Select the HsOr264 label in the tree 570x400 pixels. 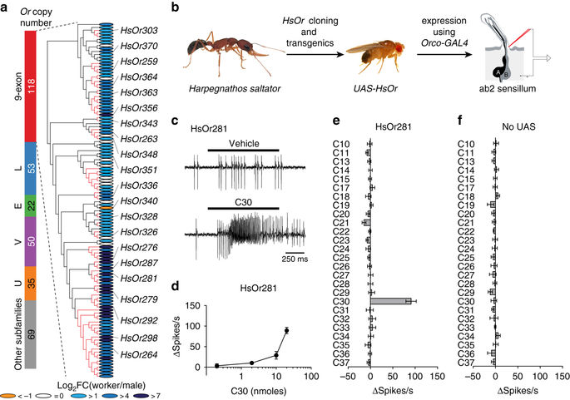point(138,355)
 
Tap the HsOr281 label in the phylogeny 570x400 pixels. point(138,279)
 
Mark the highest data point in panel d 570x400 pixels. point(287,331)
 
